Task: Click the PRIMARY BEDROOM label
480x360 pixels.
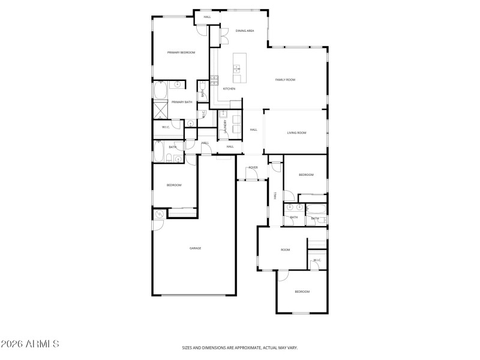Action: [181, 53]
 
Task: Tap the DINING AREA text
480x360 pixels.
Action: [245, 31]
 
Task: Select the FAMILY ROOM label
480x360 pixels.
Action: [285, 80]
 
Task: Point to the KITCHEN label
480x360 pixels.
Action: [229, 89]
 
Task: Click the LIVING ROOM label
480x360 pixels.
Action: [296, 133]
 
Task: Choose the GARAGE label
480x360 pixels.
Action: [195, 248]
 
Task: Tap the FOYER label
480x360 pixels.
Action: [253, 167]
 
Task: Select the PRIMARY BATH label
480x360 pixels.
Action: [182, 102]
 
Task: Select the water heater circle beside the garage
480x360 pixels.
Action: [160, 214]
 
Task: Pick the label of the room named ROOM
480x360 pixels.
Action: [285, 250]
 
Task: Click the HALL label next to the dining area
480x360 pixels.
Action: [207, 17]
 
